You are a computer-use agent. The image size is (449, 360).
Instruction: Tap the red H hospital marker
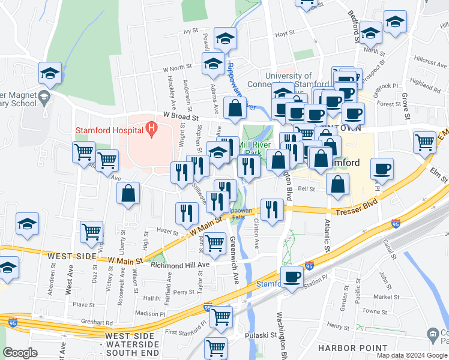[151, 128]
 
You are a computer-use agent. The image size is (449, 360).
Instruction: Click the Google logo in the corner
[20, 353]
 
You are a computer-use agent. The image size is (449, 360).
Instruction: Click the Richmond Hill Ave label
[180, 265]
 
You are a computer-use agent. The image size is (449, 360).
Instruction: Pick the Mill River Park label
[259, 148]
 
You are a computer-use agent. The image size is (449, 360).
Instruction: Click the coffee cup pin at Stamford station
[292, 277]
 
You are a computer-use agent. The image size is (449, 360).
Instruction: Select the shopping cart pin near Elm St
[424, 143]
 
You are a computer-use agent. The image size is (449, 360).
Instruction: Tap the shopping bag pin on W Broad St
[235, 109]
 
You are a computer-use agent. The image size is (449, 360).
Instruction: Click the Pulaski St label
[264, 336]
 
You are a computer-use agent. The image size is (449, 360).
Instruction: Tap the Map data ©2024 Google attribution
[411, 355]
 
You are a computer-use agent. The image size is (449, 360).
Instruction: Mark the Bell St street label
[306, 188]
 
